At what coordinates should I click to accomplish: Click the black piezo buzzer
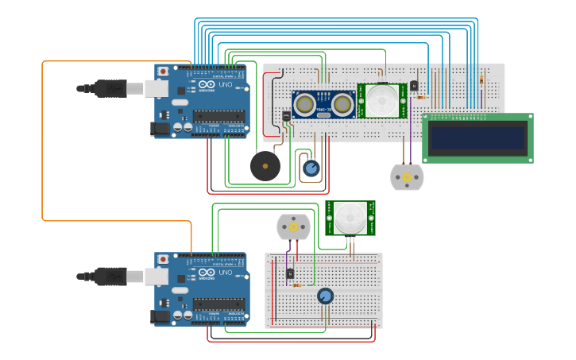[265, 166]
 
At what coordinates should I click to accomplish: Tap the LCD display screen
[477, 138]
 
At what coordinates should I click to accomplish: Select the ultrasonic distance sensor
[323, 104]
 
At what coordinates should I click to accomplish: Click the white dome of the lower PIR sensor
[350, 216]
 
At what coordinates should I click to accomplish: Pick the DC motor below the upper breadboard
[406, 176]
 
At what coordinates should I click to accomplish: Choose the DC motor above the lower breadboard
[292, 226]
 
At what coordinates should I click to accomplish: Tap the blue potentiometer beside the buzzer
[311, 168]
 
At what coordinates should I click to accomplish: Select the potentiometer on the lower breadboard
[325, 296]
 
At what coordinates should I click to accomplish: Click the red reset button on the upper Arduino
[163, 72]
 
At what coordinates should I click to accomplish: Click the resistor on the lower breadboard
[296, 285]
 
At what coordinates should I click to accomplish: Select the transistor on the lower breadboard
[289, 274]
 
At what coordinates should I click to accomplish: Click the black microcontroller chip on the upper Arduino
[218, 116]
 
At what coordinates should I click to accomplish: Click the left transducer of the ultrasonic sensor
[303, 103]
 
